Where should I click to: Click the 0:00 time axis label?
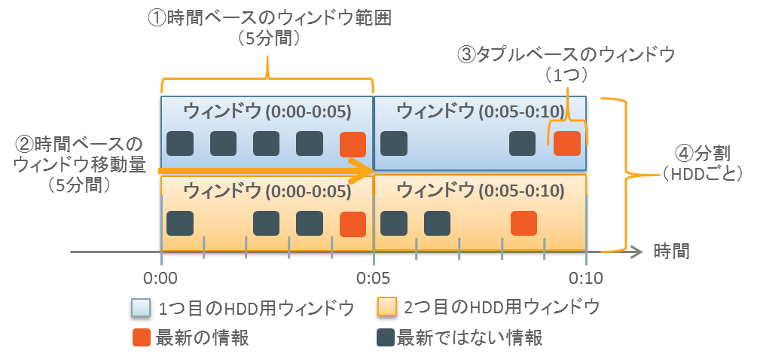tap(160, 279)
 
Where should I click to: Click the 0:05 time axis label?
tap(374, 279)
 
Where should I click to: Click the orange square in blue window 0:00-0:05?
tap(353, 144)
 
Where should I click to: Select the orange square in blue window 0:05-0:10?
tap(566, 144)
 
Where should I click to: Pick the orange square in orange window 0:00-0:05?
tap(353, 224)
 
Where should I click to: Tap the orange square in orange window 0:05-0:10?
tap(523, 224)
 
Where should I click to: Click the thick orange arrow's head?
tap(365, 169)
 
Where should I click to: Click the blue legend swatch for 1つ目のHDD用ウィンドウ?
tap(140, 308)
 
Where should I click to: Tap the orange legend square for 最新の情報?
tap(140, 337)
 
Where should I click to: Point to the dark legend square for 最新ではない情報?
tap(386, 337)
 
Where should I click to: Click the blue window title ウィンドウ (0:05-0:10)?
tap(480, 111)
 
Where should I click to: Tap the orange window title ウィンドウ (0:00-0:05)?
tap(267, 191)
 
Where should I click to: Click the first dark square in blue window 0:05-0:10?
tap(395, 144)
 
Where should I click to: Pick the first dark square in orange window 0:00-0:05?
tap(180, 224)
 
